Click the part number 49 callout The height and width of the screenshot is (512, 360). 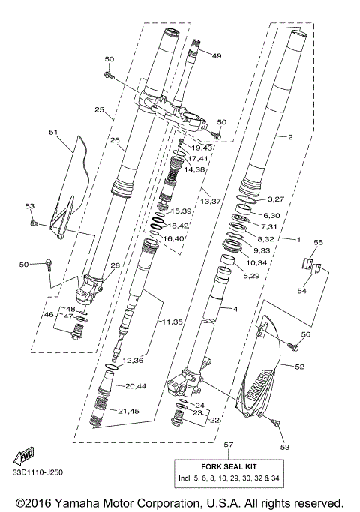point(217,56)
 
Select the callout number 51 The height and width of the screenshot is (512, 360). point(53,133)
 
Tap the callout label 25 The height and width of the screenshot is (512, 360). point(99,110)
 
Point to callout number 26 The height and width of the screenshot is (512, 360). point(115,139)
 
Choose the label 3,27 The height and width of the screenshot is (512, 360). point(277,200)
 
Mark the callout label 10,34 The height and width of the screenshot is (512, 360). point(256,262)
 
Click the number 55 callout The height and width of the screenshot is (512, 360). point(317,242)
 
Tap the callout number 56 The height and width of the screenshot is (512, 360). point(306,335)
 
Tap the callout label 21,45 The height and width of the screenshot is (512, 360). point(130,410)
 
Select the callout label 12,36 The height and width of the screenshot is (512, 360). point(133,361)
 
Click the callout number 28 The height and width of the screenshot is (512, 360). point(115,265)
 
